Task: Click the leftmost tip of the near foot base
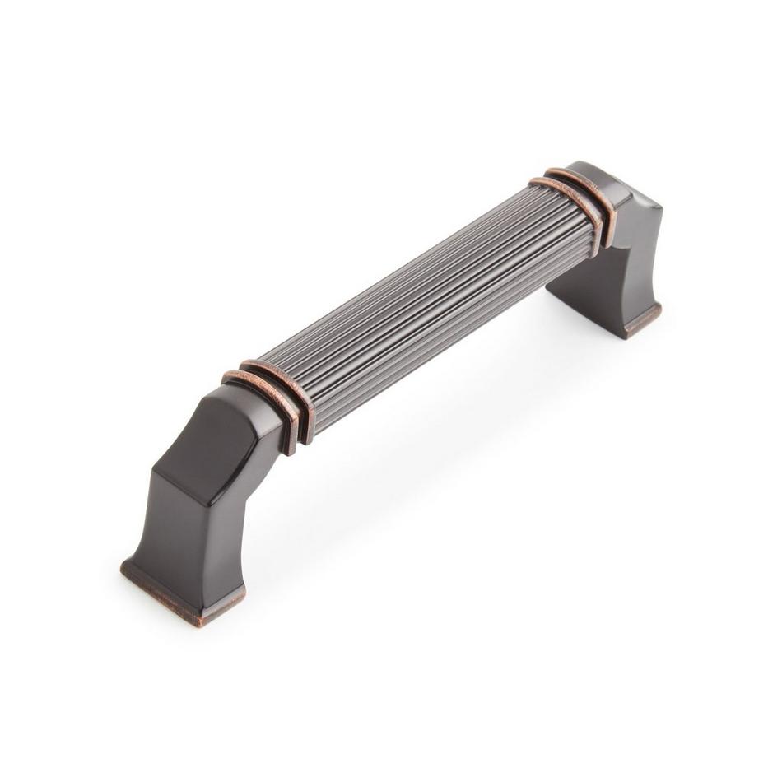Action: coord(123,566)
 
